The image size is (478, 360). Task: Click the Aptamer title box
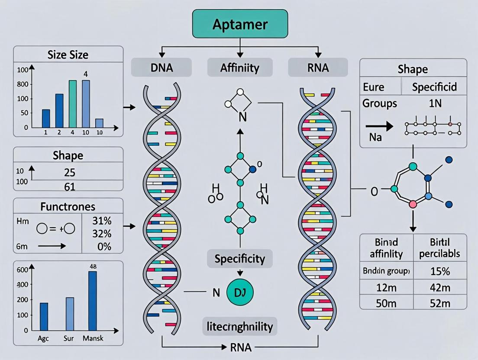(240, 24)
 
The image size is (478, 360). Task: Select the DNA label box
(161, 68)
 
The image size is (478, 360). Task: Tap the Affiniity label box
(239, 68)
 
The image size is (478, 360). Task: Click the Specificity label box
(239, 259)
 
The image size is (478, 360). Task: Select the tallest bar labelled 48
(92, 301)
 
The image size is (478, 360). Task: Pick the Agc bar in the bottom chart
(44, 316)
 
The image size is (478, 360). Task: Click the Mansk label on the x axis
(93, 338)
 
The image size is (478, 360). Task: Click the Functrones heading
(68, 206)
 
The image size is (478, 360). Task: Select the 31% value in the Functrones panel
(102, 220)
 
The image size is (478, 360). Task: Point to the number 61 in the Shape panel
(69, 186)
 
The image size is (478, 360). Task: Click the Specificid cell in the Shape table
(434, 87)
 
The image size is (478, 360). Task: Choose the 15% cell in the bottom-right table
(440, 271)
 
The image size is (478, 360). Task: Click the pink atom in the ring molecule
(413, 204)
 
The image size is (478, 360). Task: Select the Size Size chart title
(68, 55)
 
